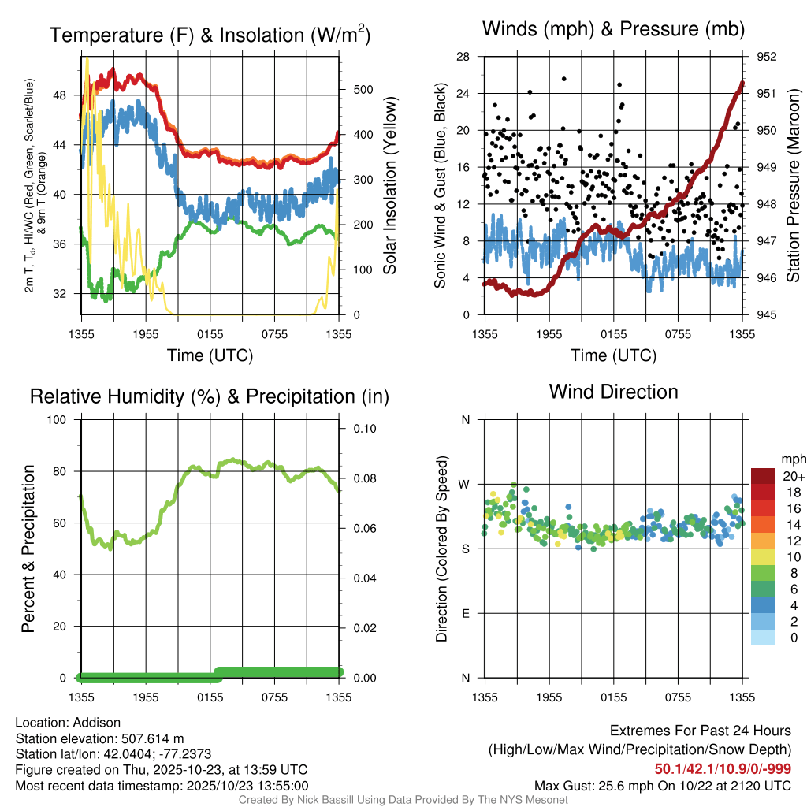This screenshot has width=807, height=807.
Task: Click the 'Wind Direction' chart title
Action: click(613, 392)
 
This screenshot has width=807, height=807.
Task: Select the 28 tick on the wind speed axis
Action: click(463, 57)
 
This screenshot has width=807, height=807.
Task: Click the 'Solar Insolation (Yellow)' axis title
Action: click(390, 186)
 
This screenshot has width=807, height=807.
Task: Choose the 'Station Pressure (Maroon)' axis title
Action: click(794, 186)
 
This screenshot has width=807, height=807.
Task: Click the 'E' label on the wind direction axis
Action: click(466, 613)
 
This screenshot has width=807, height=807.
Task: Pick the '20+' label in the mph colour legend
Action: click(792, 476)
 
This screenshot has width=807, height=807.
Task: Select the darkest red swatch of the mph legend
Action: click(762, 476)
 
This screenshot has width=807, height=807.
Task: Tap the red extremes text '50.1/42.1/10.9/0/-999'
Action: click(723, 769)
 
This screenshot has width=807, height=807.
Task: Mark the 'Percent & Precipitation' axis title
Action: click(28, 549)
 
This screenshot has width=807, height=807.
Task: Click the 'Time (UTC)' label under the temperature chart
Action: click(210, 355)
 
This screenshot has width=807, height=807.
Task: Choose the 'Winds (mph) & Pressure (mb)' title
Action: click(613, 30)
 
